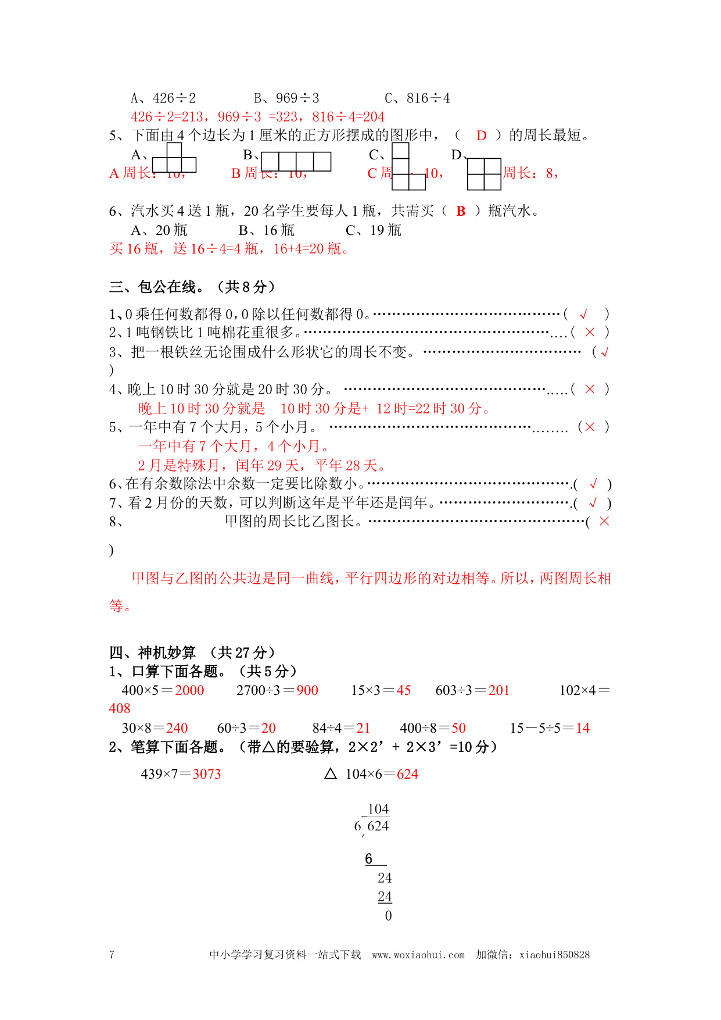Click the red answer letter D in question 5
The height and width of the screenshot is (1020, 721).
click(481, 136)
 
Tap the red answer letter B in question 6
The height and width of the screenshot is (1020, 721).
click(461, 212)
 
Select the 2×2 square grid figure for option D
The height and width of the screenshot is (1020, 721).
click(484, 174)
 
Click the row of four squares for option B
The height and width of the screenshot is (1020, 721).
click(296, 162)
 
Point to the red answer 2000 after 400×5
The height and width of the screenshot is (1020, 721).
click(189, 690)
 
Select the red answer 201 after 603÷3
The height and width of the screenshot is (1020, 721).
click(498, 690)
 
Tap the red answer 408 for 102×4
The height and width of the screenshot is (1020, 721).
click(120, 708)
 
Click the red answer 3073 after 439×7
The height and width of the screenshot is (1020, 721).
click(207, 774)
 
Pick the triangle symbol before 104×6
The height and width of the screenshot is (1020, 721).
click(331, 773)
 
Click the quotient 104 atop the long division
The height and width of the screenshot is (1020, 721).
click(378, 809)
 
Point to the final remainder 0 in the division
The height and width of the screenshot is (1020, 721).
click(388, 916)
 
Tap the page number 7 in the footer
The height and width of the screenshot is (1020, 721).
click(112, 954)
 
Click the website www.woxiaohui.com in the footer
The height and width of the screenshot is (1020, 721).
click(418, 954)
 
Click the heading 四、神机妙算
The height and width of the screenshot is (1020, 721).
click(153, 652)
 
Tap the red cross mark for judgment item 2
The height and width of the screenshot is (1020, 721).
click(590, 332)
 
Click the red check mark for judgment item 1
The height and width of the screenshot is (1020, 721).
click(584, 315)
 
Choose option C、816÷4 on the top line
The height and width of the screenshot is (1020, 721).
click(417, 98)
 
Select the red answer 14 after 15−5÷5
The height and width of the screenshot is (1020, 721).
click(583, 728)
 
